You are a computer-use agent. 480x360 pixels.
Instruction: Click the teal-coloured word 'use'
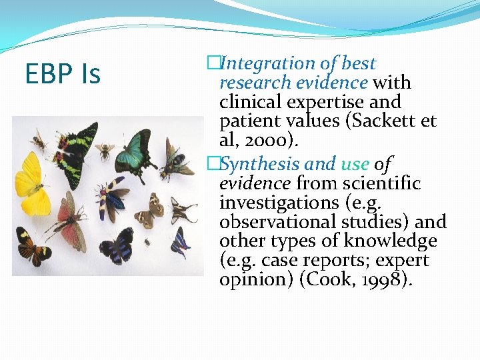point(355,164)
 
